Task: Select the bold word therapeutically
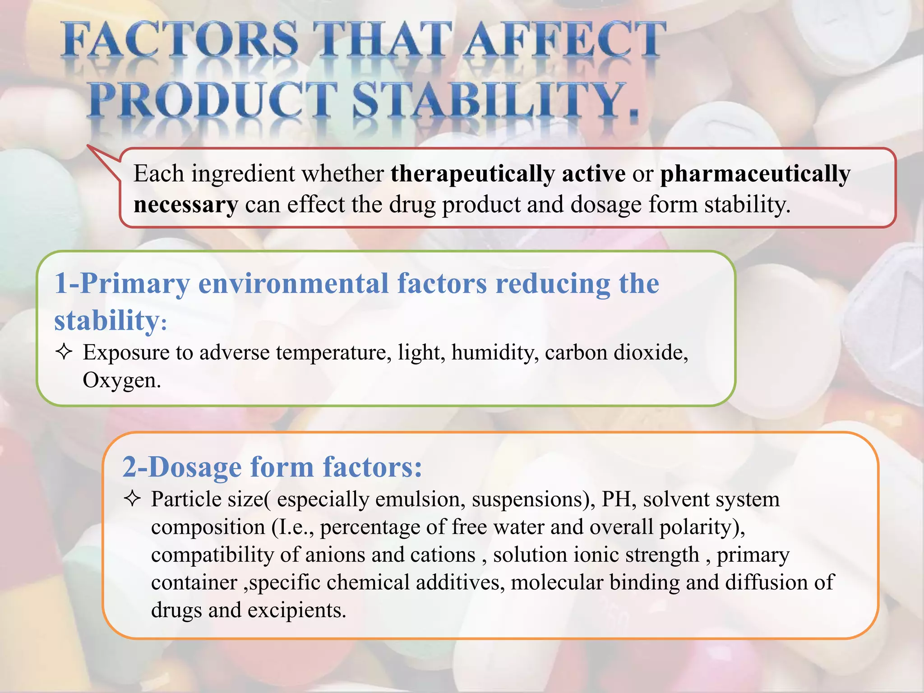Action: tap(472, 174)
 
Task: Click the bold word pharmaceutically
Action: tap(755, 174)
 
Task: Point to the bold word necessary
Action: tap(185, 205)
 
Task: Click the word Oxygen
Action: tap(121, 380)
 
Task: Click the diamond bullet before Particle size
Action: tap(132, 499)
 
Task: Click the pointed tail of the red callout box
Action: tap(90, 148)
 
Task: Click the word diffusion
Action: tap(767, 582)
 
